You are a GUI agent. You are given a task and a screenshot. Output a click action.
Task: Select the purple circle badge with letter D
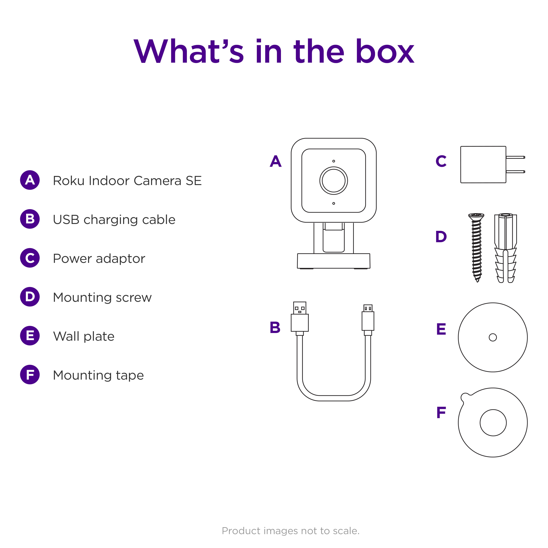pos(30,297)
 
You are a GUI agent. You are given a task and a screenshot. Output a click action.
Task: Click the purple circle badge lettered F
pos(30,374)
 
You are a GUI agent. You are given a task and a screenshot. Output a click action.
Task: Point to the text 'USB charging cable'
pos(114,220)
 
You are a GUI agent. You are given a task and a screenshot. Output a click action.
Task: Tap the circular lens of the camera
pos(334,181)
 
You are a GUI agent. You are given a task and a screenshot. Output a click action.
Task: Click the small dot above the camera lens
pos(334,161)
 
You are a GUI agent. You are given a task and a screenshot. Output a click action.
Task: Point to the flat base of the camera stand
pos(334,261)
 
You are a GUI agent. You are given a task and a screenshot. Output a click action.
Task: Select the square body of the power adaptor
pos(483,165)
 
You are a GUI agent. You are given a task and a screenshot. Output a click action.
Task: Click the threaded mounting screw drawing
pos(477,247)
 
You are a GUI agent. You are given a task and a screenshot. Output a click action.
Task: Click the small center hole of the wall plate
pos(493,337)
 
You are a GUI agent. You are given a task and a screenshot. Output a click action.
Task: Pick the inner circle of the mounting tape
pos(493,423)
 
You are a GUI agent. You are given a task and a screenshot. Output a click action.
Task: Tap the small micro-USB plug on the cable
pos(368,318)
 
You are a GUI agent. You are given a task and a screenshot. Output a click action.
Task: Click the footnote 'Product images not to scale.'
pos(290,531)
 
